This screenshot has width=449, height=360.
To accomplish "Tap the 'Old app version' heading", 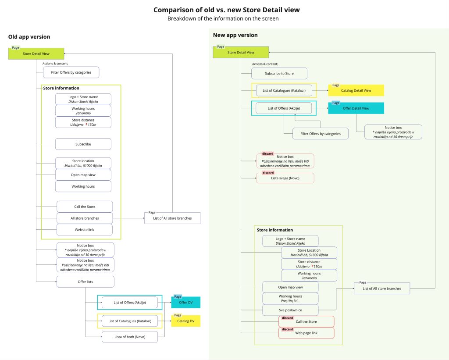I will (29, 37).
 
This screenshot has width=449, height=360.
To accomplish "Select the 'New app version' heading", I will (235, 35).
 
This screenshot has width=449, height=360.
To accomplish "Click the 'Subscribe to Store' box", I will (279, 73).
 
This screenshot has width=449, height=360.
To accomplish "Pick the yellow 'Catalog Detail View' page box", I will (356, 90).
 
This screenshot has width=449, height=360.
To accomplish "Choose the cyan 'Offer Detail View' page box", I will (356, 108).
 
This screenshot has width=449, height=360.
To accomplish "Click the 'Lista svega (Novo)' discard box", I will (285, 178).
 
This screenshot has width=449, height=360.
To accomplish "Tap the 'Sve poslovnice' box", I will (290, 310).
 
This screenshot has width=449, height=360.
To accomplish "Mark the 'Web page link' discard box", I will (306, 333).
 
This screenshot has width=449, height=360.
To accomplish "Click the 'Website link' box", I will (85, 229).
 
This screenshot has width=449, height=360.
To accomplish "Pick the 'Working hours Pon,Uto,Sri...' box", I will (290, 299).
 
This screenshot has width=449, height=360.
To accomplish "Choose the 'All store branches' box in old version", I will (85, 218).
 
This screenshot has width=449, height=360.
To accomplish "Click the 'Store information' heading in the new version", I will (275, 230).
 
